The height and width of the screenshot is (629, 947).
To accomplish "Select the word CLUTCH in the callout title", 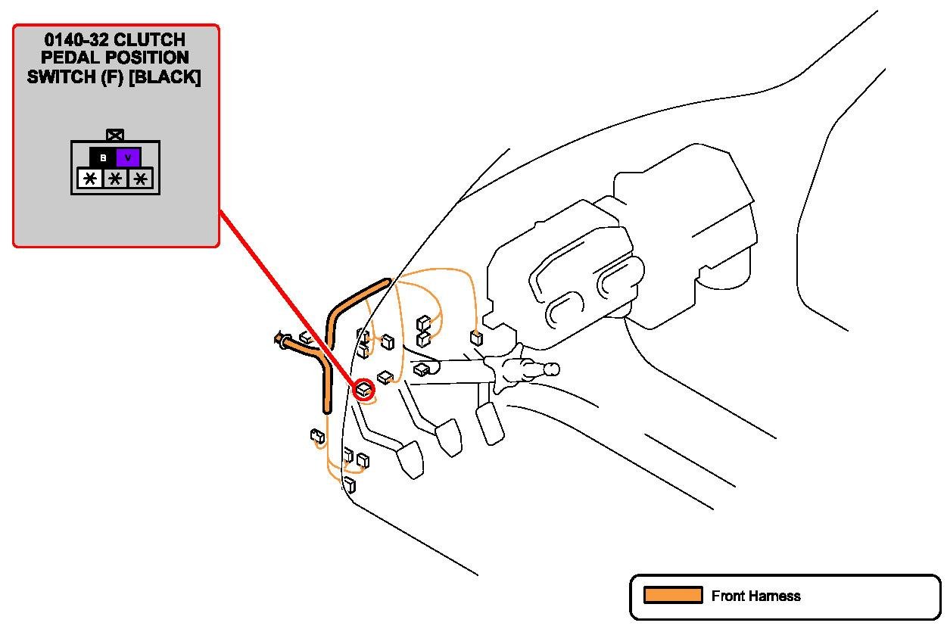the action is pos(149,39).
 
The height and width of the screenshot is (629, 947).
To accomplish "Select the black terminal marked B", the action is pos(103,157).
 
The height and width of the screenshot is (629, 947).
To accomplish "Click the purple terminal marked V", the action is pos(128,157).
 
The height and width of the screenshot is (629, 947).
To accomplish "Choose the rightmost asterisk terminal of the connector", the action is pos(140,179).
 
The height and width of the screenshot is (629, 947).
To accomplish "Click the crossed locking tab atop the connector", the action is pos(115,135).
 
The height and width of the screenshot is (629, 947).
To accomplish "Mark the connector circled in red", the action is pos(365,389).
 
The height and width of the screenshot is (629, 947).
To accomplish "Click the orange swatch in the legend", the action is pos(673,596).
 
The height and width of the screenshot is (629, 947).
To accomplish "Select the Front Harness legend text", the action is pos(755,596).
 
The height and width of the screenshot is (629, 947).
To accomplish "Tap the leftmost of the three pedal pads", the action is pos(410,459).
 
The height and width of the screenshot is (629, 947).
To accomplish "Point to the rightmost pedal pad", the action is pos(490,422).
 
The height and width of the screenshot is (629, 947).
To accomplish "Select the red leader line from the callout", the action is pos(288,299).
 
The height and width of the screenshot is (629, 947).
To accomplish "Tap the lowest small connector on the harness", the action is pos(350,484).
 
